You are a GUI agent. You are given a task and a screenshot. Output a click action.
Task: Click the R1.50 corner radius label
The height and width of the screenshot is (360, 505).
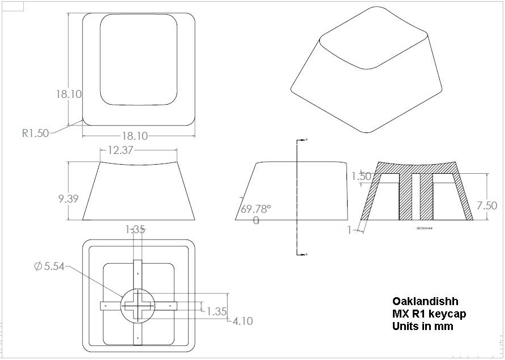pos(35,134)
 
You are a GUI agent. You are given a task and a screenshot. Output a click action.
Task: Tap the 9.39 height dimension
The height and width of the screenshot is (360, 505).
pos(68,198)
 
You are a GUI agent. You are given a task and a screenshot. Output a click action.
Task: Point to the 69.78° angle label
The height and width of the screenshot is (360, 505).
pos(256,209)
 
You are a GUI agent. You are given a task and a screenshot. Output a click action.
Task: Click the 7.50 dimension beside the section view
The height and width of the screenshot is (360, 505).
pos(487,205)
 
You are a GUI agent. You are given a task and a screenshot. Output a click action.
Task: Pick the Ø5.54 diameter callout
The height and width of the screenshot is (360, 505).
pos(49,267)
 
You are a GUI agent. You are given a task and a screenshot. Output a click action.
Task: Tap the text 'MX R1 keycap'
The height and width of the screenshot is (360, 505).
pos(429,314)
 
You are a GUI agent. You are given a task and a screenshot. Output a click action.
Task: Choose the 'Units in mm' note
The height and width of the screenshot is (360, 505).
pos(422,326)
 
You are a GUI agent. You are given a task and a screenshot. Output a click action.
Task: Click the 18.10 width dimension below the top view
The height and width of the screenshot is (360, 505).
pos(134,136)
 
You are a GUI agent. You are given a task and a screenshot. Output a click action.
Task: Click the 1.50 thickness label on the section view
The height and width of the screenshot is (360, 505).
pos(361,176)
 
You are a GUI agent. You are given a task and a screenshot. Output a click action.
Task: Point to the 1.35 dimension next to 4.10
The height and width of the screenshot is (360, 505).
pos(218,311)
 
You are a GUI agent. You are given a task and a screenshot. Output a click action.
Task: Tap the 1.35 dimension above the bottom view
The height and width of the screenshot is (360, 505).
pos(135,229)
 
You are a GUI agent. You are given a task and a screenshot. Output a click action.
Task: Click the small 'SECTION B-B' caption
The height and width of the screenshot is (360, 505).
pos(425,228)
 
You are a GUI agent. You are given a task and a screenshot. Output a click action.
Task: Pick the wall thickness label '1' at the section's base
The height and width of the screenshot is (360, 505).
pos(350,229)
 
